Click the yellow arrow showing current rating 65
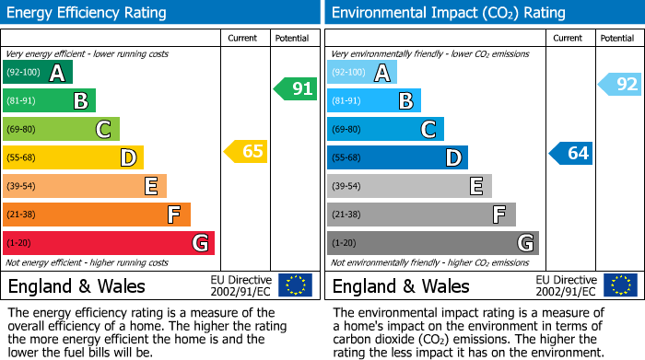(247, 152)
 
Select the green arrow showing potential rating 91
(296, 89)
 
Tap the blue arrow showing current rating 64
(571, 153)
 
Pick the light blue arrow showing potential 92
(620, 85)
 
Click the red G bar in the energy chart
(108, 243)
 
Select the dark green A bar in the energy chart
(37, 72)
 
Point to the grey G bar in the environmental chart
(432, 243)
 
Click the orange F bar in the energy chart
(96, 215)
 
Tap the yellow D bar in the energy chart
(73, 157)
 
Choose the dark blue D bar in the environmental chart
(397, 157)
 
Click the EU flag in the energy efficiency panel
(295, 285)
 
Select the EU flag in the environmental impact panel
(619, 285)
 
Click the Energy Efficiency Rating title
(87, 13)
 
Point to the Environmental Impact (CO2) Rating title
(448, 13)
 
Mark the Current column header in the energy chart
(242, 38)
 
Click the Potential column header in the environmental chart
(616, 38)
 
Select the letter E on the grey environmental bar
(475, 186)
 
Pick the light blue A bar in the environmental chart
(361, 72)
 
